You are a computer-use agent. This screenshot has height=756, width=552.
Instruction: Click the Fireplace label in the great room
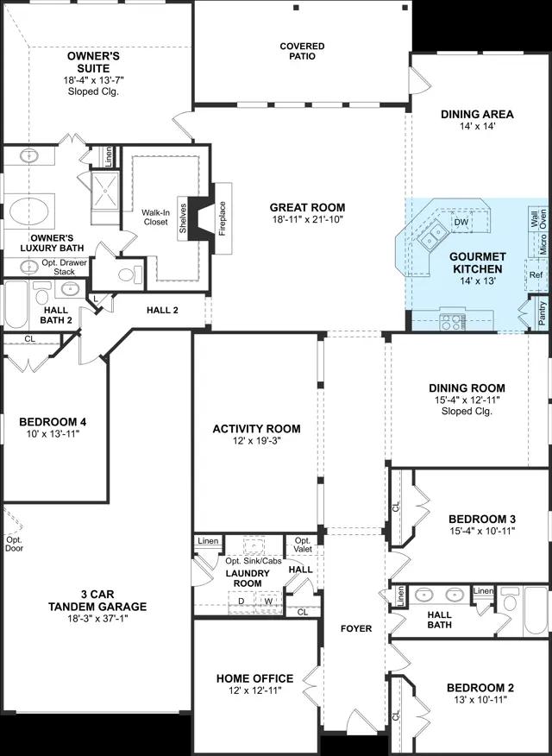click(223, 218)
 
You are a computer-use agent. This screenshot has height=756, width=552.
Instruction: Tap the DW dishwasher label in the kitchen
click(461, 223)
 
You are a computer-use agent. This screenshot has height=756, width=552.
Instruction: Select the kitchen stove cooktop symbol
click(452, 322)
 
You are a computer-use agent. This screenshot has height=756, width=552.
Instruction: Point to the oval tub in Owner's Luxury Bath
click(29, 212)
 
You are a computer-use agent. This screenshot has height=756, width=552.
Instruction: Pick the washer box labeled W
click(268, 602)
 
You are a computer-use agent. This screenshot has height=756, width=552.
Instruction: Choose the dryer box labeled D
click(241, 602)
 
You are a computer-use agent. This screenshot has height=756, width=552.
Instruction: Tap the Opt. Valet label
click(303, 545)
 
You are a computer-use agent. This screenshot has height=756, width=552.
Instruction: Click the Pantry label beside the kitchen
click(543, 313)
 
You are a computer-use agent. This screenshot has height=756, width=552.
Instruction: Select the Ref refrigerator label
click(536, 274)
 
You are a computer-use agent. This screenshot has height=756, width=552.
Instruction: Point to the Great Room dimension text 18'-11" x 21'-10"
click(307, 220)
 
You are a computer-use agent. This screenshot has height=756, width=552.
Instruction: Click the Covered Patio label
click(303, 51)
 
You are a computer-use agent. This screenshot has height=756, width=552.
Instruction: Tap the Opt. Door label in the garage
click(14, 544)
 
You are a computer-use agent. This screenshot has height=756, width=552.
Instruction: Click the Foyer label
click(356, 628)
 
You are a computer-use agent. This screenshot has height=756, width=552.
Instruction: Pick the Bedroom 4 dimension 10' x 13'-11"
click(53, 433)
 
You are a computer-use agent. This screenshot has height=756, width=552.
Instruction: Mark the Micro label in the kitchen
click(543, 244)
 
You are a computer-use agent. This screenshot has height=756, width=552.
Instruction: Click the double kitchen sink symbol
click(432, 236)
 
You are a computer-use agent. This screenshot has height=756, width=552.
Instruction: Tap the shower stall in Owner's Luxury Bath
click(105, 192)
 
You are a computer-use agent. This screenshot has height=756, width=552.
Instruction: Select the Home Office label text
click(254, 678)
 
